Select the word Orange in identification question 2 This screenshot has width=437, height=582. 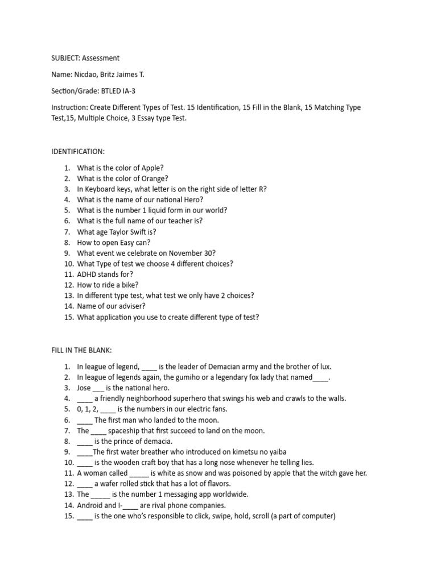pyautogui.click(x=155, y=178)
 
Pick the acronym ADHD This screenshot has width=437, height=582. pyautogui.click(x=88, y=275)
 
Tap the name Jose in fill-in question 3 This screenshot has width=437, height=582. pyautogui.click(x=84, y=388)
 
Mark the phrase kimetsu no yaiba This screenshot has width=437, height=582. pyautogui.click(x=255, y=452)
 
